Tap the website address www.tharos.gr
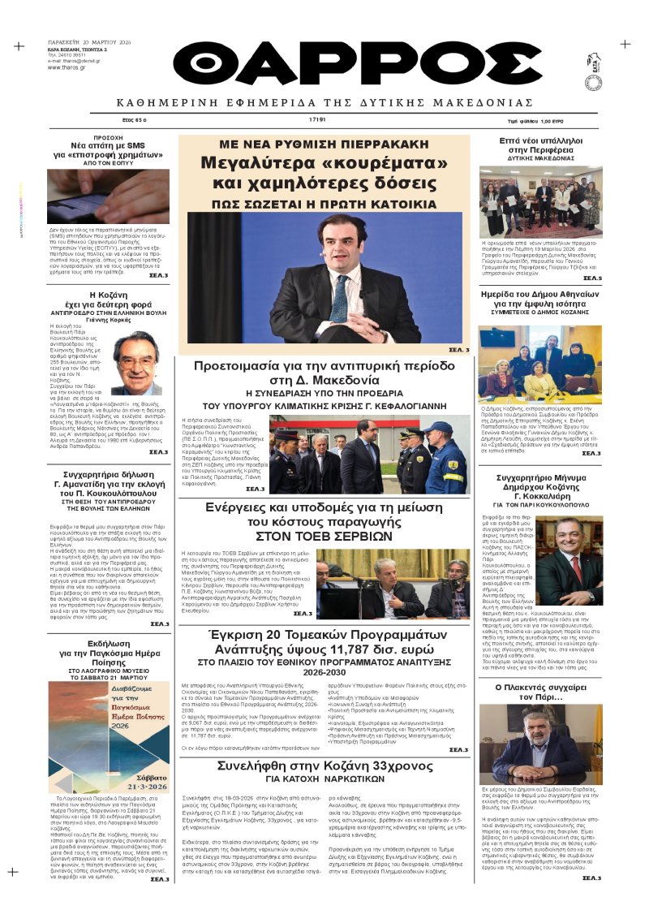[x=67, y=67]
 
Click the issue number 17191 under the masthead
[x=317, y=119]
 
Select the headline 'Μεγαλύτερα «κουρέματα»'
[x=324, y=162]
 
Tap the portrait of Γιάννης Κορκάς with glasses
[x=136, y=362]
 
